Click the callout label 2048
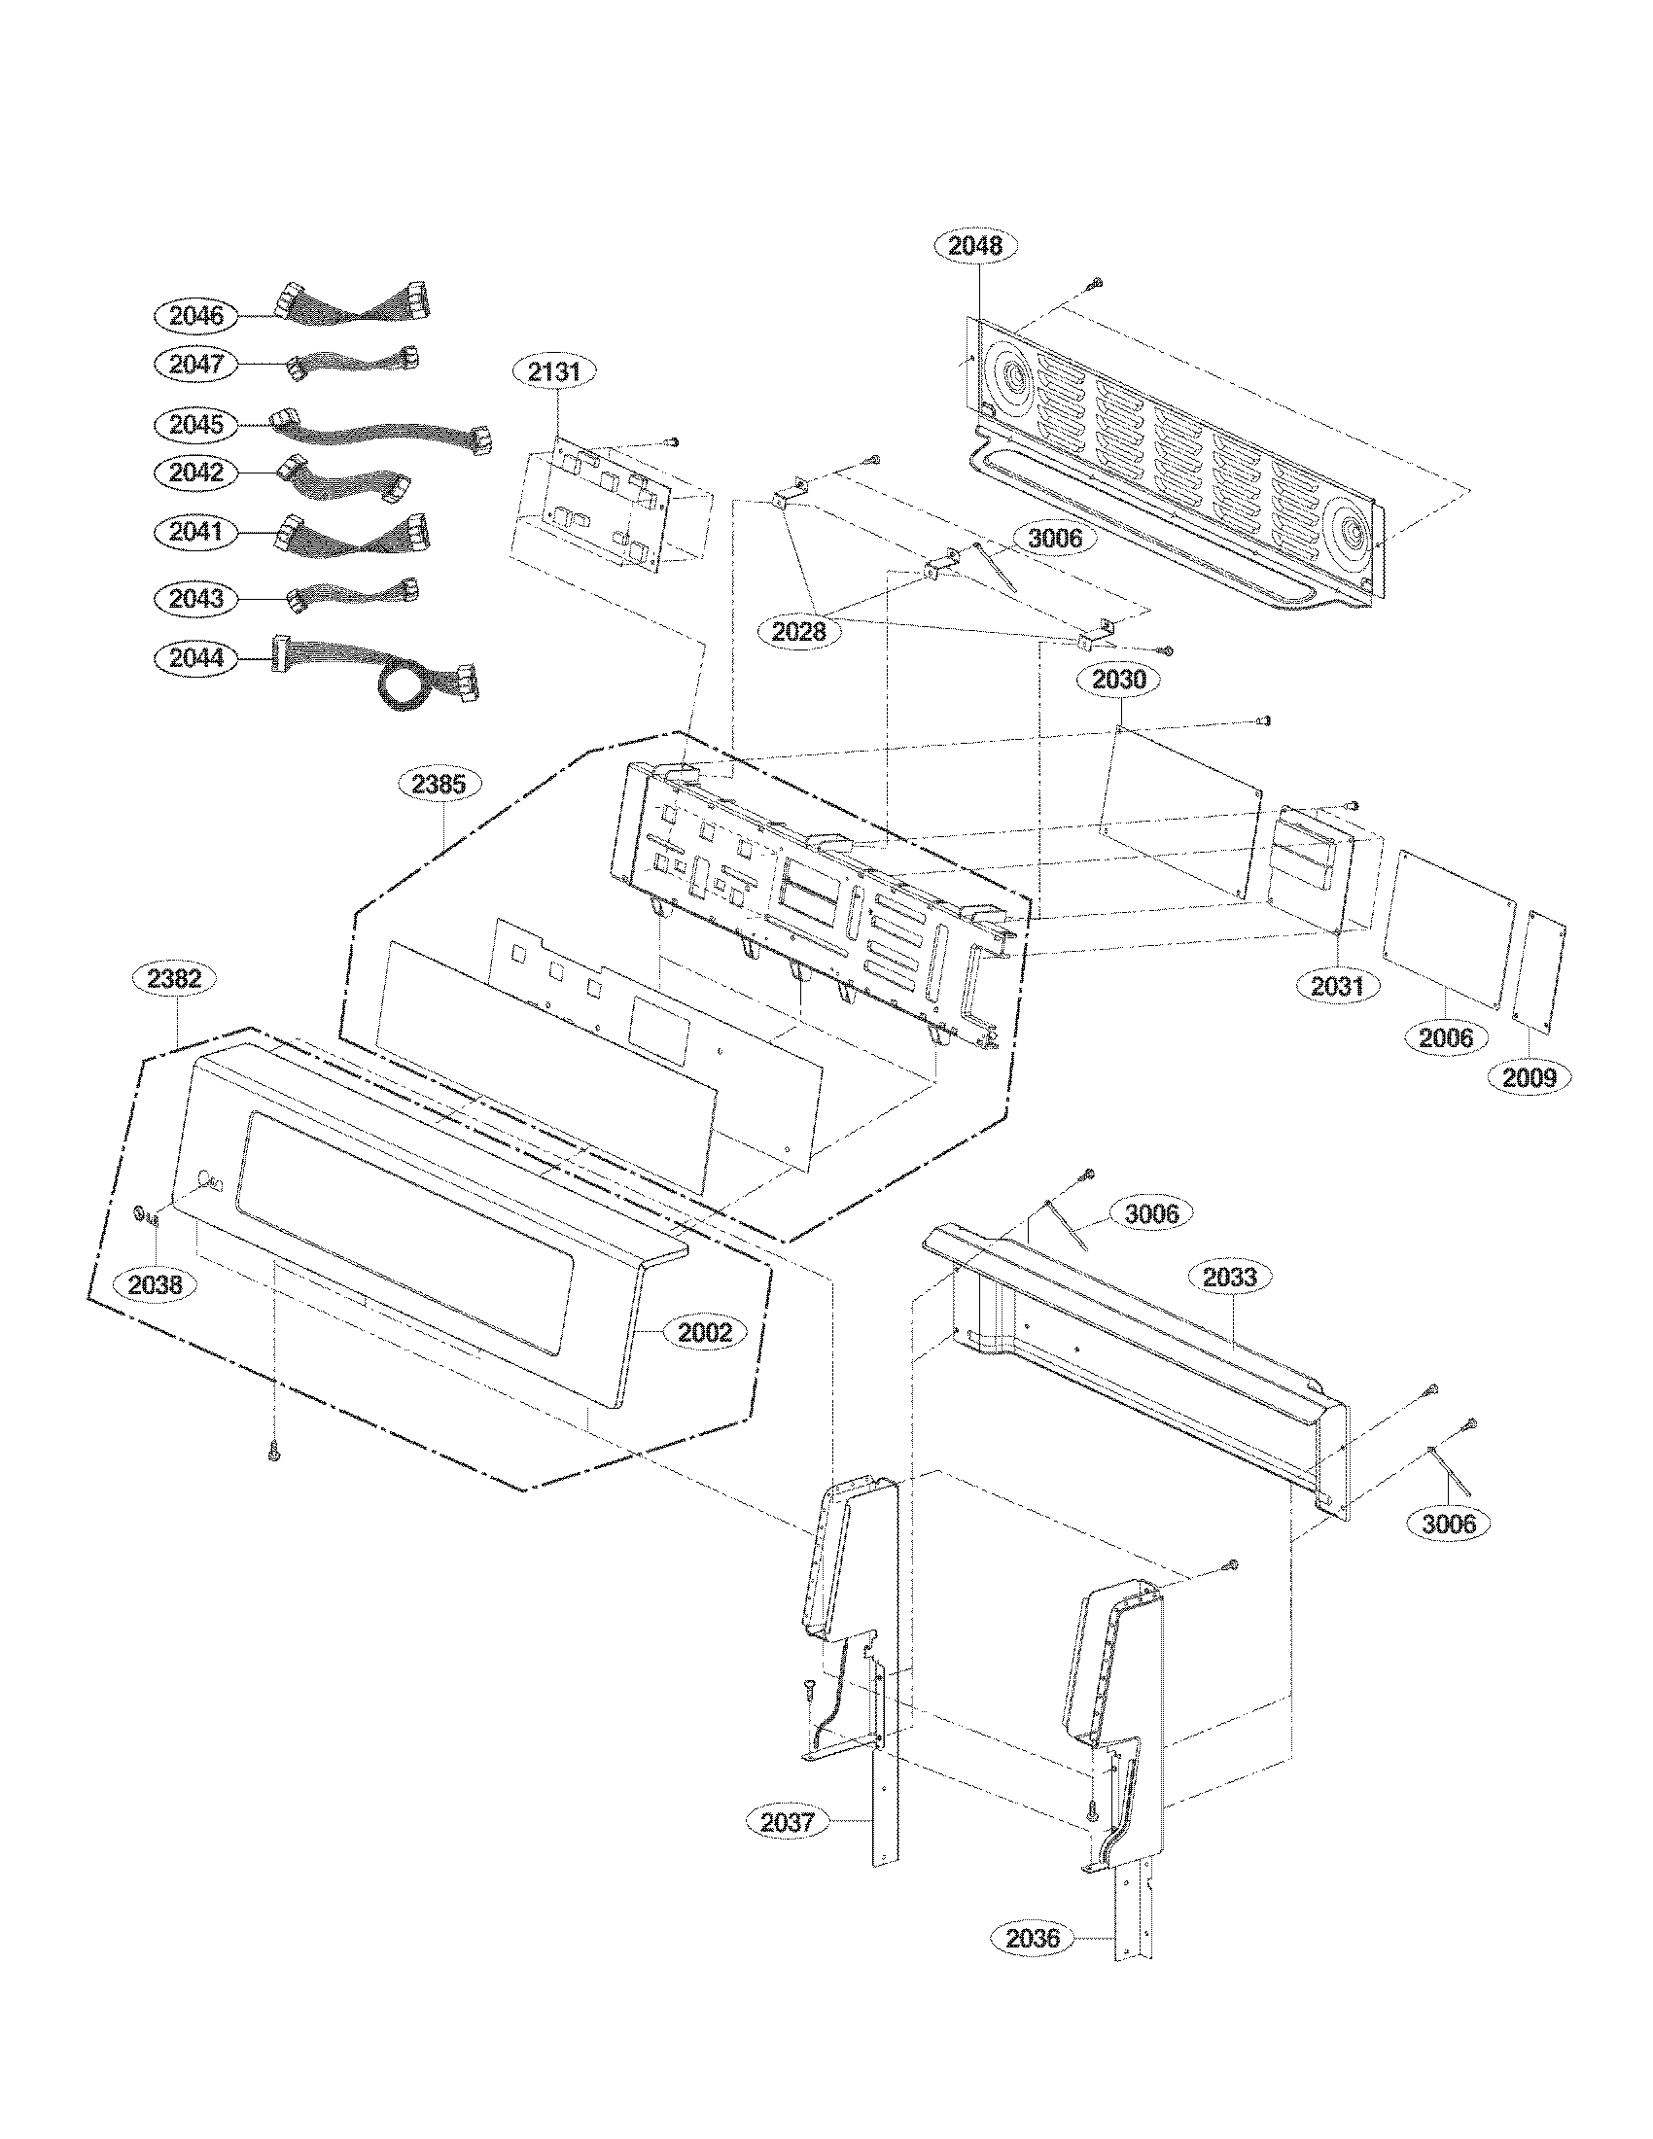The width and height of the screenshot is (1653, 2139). [x=976, y=246]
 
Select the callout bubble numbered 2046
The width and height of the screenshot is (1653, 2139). [x=195, y=315]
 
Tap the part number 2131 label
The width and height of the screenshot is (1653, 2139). [x=554, y=372]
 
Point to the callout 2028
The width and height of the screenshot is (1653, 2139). [x=799, y=632]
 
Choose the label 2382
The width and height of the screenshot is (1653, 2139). [x=176, y=978]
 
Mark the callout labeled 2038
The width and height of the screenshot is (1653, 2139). [x=156, y=1284]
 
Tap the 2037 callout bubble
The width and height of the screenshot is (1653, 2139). [x=787, y=1822]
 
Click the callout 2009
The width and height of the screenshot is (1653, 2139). [x=1529, y=1077]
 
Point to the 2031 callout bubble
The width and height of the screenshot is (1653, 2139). [x=1337, y=985]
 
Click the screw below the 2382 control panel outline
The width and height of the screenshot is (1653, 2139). [x=273, y=1456]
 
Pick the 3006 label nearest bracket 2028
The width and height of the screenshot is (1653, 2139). [x=1054, y=539]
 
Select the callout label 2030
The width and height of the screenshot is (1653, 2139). [x=1117, y=679]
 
